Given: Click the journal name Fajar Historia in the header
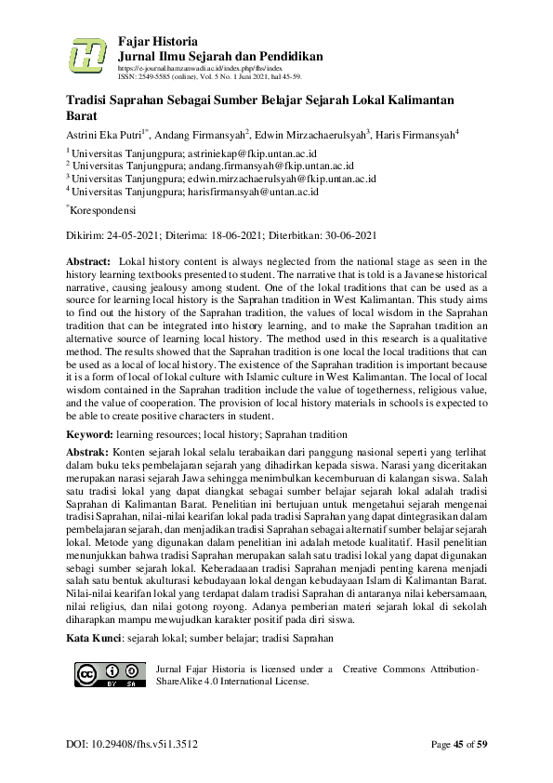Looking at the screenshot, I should pos(158,41).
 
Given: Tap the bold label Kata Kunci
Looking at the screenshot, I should pos(96,638).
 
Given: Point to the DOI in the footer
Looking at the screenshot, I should pos(131,744).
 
